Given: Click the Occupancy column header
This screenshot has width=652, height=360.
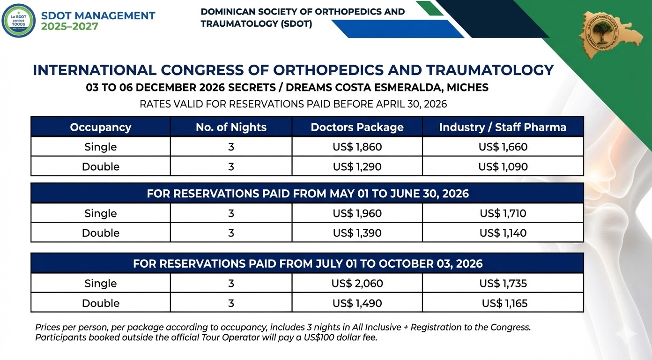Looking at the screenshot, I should click(x=100, y=127).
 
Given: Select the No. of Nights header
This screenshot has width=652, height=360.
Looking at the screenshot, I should click(x=231, y=127).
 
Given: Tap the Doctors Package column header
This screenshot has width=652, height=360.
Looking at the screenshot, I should click(x=357, y=127).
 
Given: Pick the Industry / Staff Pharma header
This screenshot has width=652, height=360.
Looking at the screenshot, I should click(x=503, y=127).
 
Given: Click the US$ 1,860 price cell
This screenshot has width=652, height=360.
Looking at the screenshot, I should click(x=357, y=147).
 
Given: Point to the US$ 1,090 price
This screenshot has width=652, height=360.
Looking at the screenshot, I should click(x=503, y=166).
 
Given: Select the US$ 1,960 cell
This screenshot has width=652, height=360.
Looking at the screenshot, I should click(x=357, y=214).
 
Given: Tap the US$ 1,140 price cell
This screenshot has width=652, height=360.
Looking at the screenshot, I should click(x=503, y=233).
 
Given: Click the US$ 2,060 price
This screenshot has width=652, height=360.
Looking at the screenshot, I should click(x=357, y=283).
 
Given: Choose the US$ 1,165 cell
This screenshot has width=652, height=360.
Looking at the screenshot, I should click(x=504, y=303).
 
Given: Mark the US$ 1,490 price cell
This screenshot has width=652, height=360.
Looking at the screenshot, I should click(x=357, y=303).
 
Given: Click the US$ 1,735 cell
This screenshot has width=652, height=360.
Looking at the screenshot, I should click(x=503, y=283).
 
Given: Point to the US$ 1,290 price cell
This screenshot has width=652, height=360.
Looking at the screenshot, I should click(x=357, y=166).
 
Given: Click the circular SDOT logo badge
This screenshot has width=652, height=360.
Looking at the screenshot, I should click(x=18, y=21).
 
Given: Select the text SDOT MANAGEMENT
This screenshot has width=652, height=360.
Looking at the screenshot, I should click(x=98, y=15).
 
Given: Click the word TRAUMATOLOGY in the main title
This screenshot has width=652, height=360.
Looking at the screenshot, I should click(x=490, y=70).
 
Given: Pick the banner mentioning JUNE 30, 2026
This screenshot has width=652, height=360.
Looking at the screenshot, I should click(x=307, y=193).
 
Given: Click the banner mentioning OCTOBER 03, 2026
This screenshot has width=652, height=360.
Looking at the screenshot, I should click(x=307, y=263).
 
